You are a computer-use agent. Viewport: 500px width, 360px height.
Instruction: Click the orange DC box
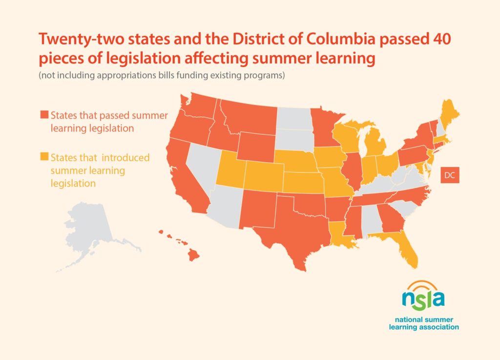(x=449, y=175)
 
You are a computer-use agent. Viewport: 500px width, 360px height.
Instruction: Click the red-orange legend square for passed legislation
(x=44, y=115)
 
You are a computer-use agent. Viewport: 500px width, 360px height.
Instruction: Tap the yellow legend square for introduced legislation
(x=44, y=157)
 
